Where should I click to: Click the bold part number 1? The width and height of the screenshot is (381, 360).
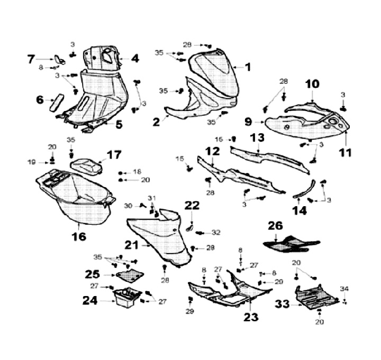click(x=248, y=67)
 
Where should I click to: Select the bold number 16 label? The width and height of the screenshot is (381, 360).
click(x=79, y=236)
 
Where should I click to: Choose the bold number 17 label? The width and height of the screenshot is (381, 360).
click(x=114, y=155)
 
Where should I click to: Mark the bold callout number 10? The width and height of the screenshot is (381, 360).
click(x=312, y=84)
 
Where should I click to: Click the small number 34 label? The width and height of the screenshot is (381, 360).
click(x=344, y=289)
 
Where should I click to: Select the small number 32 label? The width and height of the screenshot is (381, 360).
click(x=215, y=233)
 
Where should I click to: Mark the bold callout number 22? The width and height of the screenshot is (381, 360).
click(x=192, y=205)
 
